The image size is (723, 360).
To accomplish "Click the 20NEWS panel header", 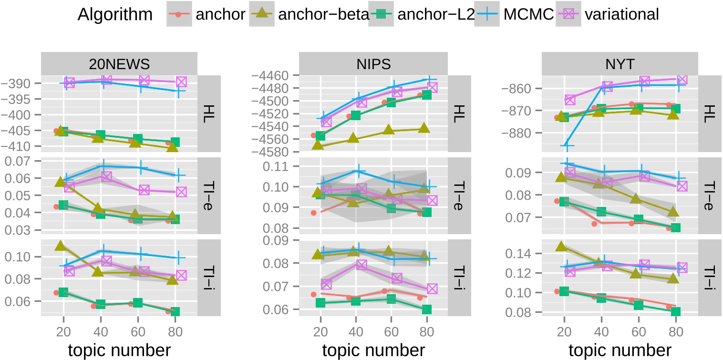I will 119,63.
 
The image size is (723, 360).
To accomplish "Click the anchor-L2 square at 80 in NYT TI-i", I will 675,312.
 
